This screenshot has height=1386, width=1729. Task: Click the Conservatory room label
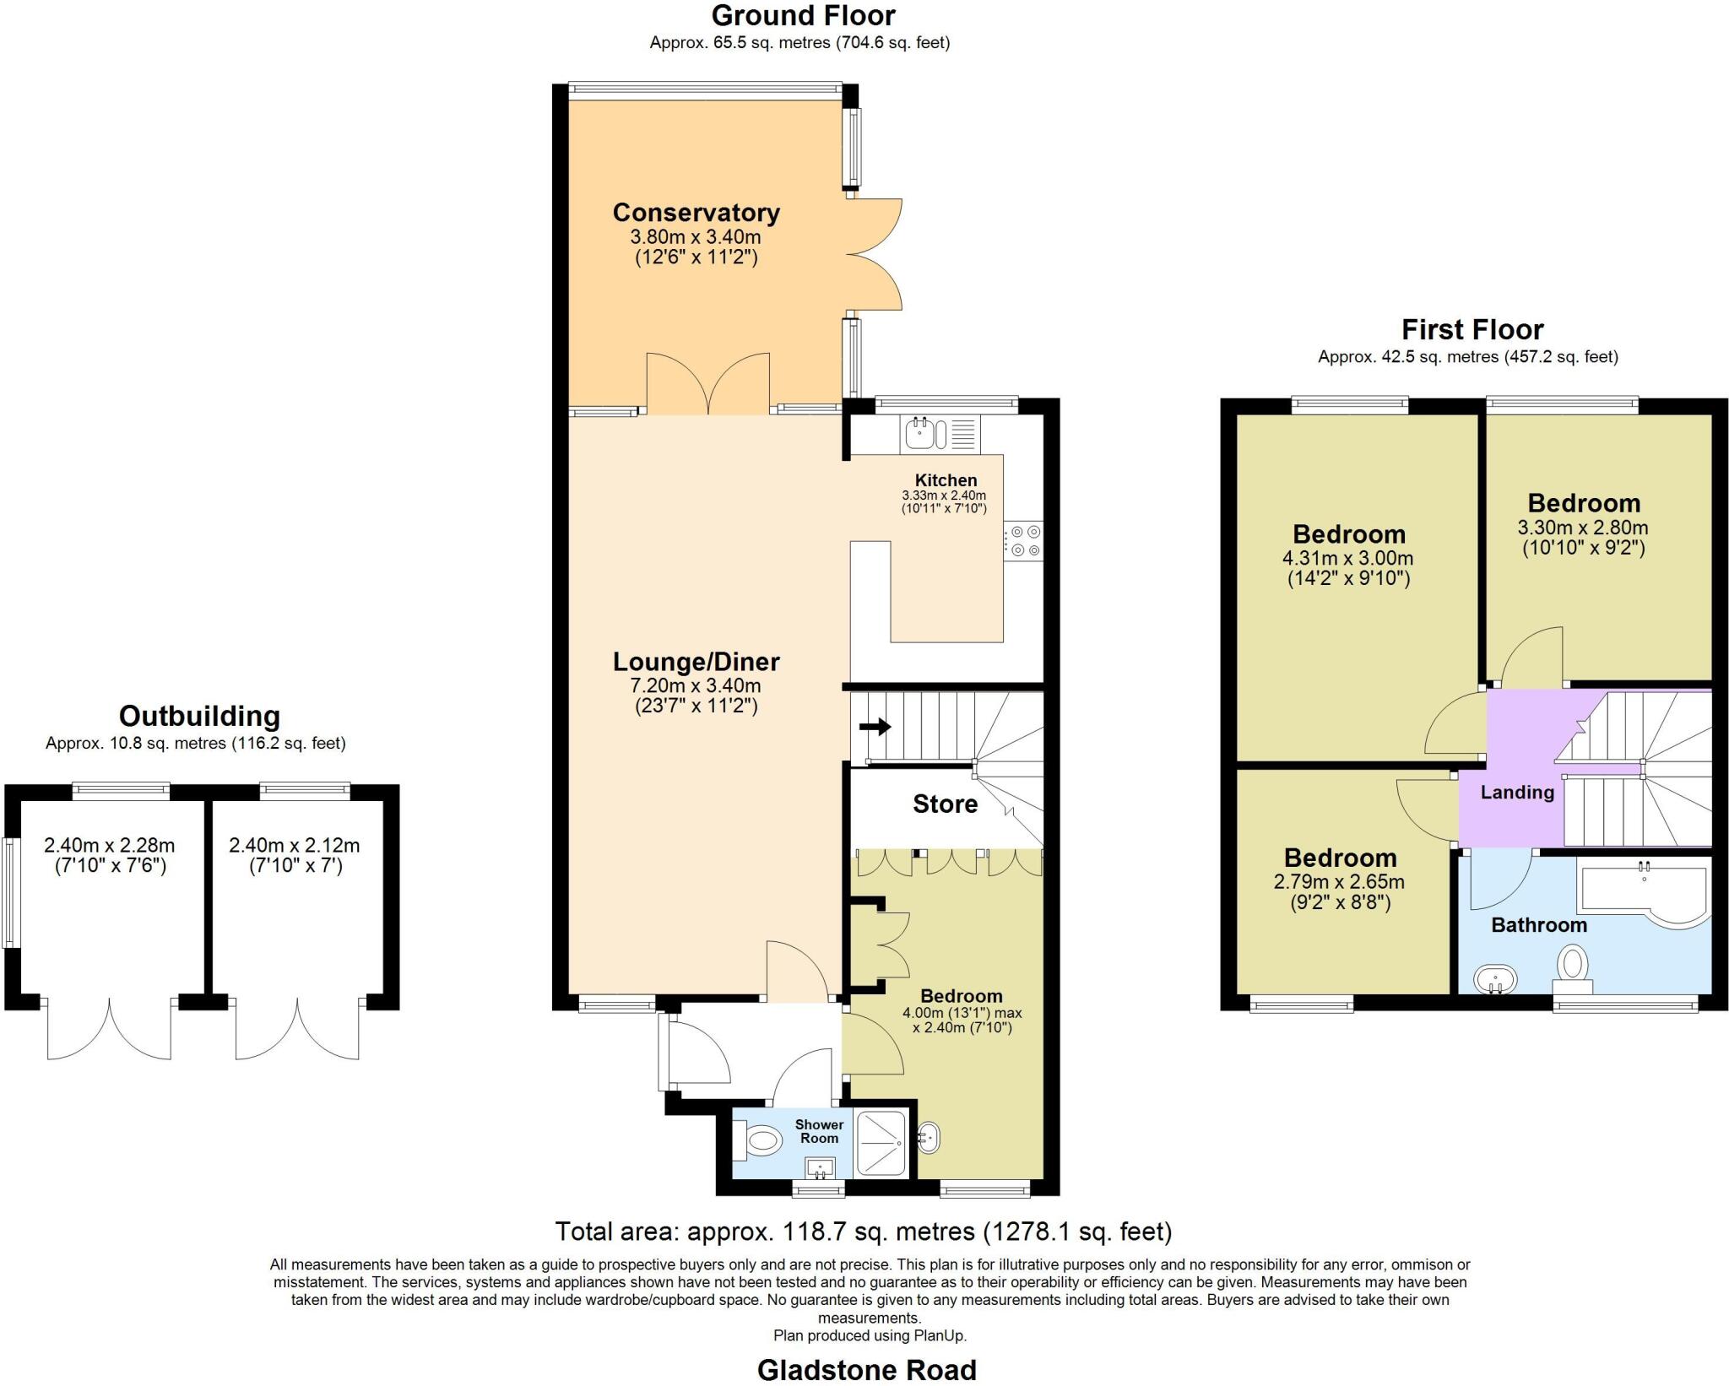[x=696, y=213]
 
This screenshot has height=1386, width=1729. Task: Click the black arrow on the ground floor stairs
[x=875, y=726]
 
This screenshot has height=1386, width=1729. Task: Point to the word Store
[x=945, y=804]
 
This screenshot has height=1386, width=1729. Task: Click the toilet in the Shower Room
[x=759, y=1142]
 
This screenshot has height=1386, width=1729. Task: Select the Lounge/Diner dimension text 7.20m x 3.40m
[x=696, y=685]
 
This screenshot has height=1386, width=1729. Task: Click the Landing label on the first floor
[x=1517, y=792]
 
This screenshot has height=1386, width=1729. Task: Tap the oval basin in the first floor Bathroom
[x=1495, y=980]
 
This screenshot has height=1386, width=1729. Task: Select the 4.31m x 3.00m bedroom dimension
[x=1347, y=558]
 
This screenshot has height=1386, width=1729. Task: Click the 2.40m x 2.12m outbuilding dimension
[x=294, y=845]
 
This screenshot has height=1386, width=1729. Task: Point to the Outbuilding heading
[x=199, y=716]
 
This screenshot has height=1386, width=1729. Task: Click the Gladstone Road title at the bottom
[x=866, y=1369]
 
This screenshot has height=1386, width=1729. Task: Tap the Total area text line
[x=863, y=1232]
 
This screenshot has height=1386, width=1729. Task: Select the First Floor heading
[x=1472, y=328]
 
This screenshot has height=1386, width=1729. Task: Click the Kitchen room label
[x=946, y=480]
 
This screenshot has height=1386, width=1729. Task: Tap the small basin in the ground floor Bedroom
[x=929, y=1138]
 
